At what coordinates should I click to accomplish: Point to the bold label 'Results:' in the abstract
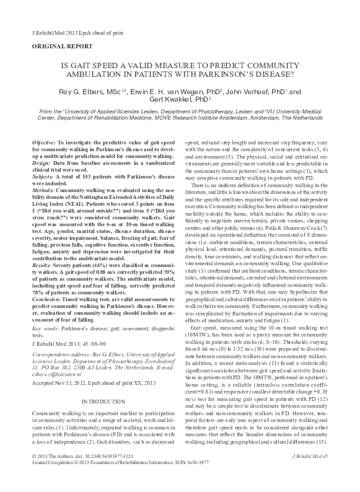click(x=43, y=281)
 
